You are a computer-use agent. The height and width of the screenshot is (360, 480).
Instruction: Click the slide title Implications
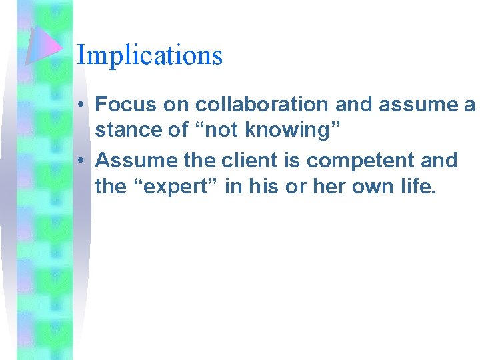tap(149, 55)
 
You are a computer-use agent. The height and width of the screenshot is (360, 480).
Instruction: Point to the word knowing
tap(292, 131)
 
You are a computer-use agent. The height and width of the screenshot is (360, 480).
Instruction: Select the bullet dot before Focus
tap(79, 105)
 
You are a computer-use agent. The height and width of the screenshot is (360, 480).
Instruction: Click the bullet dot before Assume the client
tap(79, 161)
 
